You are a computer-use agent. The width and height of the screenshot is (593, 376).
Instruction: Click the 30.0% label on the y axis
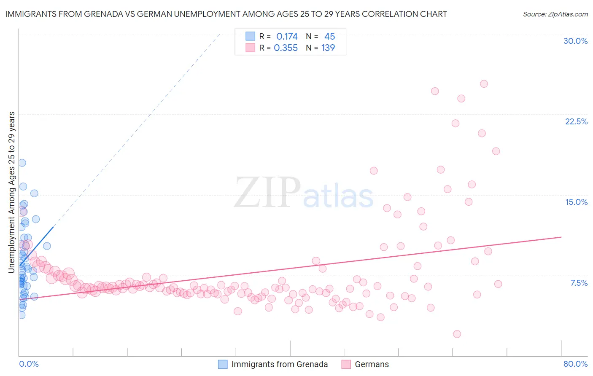[x=575, y=41]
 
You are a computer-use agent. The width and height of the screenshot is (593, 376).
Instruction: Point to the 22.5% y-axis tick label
[x=576, y=121]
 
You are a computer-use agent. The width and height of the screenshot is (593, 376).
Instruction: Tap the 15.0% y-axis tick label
[x=576, y=202]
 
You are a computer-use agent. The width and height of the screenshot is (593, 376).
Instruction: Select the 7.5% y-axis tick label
[x=579, y=283]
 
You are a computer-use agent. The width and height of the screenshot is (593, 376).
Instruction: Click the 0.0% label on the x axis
[x=29, y=364]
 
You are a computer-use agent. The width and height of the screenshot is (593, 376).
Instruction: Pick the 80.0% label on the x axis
[x=575, y=364]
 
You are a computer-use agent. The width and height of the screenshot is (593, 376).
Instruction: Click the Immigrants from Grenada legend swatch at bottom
[x=223, y=364]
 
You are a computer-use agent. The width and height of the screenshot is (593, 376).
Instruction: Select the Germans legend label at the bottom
[x=372, y=364]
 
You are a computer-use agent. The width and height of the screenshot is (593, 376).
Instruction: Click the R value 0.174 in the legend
[x=287, y=37]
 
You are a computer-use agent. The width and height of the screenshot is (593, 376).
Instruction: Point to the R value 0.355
[x=286, y=48]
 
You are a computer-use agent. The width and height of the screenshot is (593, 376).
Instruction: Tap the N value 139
[x=328, y=48]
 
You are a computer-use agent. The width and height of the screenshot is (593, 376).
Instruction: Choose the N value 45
[x=329, y=37]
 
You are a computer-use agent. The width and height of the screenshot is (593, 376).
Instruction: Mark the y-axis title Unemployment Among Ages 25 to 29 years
[x=12, y=192]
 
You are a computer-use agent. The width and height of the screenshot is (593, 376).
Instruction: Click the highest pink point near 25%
[x=484, y=84]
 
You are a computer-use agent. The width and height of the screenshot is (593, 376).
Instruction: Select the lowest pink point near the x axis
[x=457, y=334]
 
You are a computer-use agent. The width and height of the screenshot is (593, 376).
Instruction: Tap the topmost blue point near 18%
[x=22, y=163]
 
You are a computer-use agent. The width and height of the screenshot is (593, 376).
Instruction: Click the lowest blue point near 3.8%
[x=22, y=315]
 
